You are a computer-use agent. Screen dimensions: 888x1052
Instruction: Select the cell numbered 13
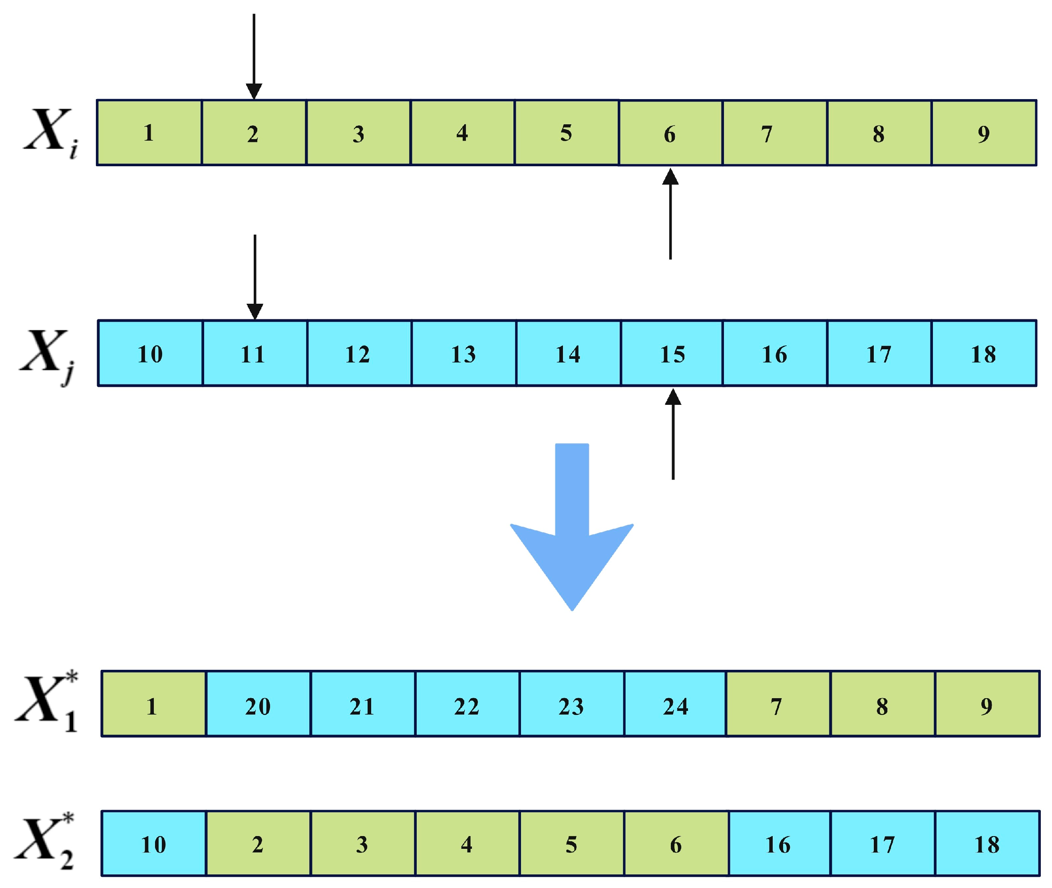(x=463, y=353)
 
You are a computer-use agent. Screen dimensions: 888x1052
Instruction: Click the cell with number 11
(x=255, y=353)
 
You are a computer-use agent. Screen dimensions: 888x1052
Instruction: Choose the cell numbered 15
(x=672, y=353)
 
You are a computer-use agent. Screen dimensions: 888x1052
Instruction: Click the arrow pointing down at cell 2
(x=254, y=56)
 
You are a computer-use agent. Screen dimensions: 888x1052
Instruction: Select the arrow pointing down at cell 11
(x=255, y=277)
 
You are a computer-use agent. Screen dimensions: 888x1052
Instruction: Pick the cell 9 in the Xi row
(x=984, y=133)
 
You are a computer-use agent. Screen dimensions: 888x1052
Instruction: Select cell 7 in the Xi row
(x=775, y=133)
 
